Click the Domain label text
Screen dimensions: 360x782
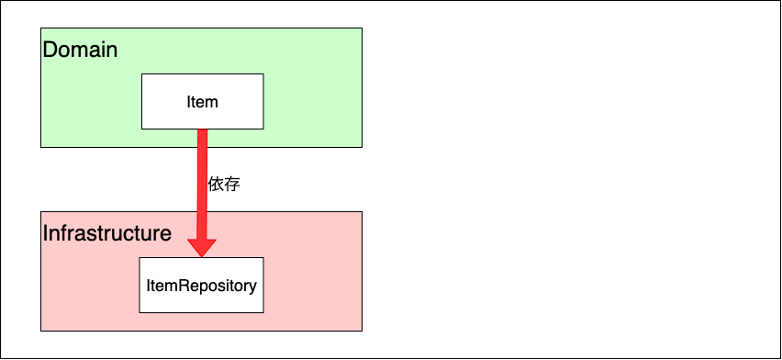pos(80,50)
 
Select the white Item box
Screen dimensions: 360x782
pos(202,101)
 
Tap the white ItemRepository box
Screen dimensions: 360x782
pos(201,285)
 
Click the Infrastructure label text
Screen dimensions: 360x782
pos(107,233)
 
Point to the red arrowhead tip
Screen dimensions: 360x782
pos(202,256)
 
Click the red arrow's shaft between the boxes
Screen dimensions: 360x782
pos(202,184)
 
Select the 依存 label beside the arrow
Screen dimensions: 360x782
pos(224,184)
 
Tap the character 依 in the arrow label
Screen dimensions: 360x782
pos(216,184)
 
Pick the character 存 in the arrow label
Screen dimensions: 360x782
pos(232,184)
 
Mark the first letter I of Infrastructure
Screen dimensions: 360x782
pos(46,233)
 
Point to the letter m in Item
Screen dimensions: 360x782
pos(213,102)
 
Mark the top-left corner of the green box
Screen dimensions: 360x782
pos(41,28)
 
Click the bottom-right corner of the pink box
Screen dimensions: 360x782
pos(362,330)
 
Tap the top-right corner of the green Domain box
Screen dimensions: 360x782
pos(362,28)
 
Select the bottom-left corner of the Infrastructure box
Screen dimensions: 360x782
pos(41,330)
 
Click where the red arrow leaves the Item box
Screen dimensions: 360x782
pos(202,129)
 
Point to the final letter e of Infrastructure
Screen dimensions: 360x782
pos(165,234)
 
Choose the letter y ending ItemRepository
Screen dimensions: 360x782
pos(252,287)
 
